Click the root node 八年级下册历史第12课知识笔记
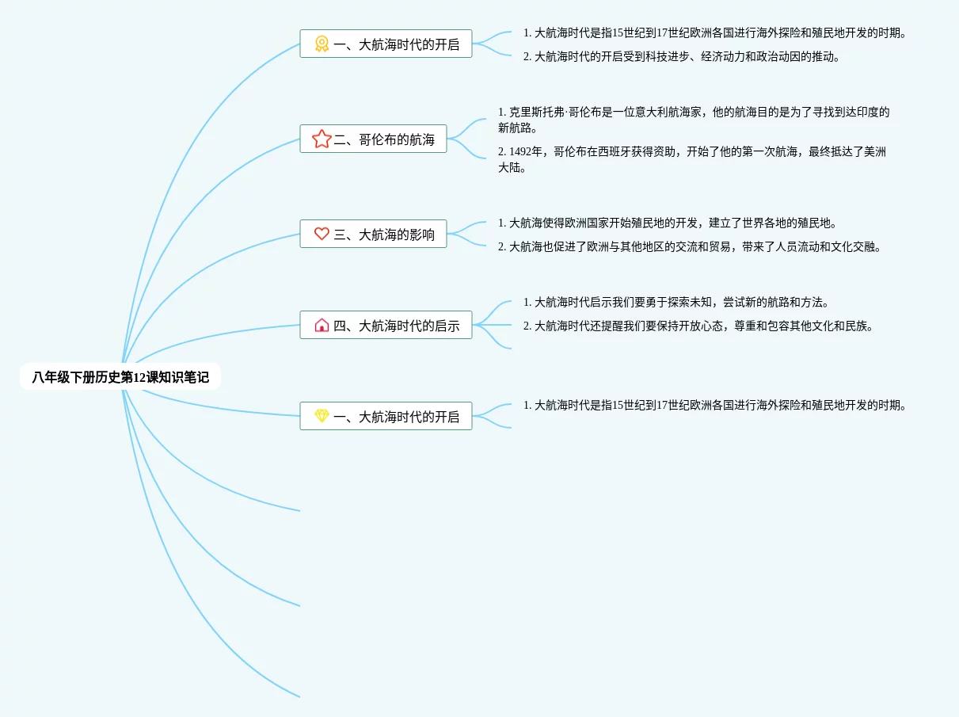(120, 377)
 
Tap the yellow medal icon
(322, 44)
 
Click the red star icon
(322, 139)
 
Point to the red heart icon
(322, 234)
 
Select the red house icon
(322, 325)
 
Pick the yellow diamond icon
(322, 416)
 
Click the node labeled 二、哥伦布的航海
(384, 139)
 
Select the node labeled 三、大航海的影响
(384, 234)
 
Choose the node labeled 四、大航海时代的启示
(396, 325)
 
